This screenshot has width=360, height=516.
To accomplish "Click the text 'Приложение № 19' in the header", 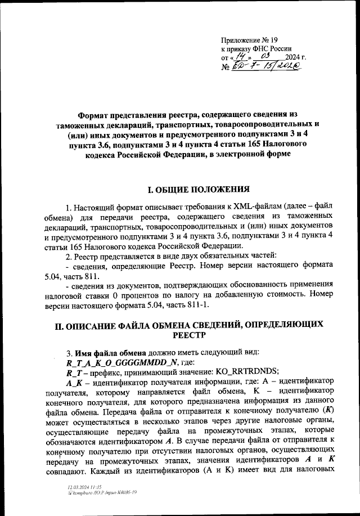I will [250, 39].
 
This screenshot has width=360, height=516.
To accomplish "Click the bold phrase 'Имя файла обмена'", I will [112, 352].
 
